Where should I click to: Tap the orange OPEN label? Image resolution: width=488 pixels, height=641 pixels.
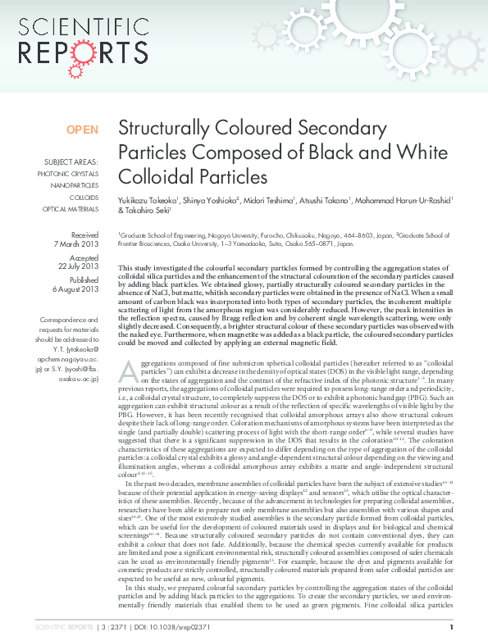pos(82,130)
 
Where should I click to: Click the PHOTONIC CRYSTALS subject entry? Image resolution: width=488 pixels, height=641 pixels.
pos(68,174)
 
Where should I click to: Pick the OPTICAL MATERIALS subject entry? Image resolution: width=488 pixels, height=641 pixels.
pos(71,209)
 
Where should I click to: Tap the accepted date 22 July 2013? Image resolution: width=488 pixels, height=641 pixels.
pos(78,266)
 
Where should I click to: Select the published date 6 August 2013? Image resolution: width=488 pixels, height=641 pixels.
pos(75,289)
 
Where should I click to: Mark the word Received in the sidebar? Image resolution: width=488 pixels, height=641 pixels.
pos(84,234)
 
